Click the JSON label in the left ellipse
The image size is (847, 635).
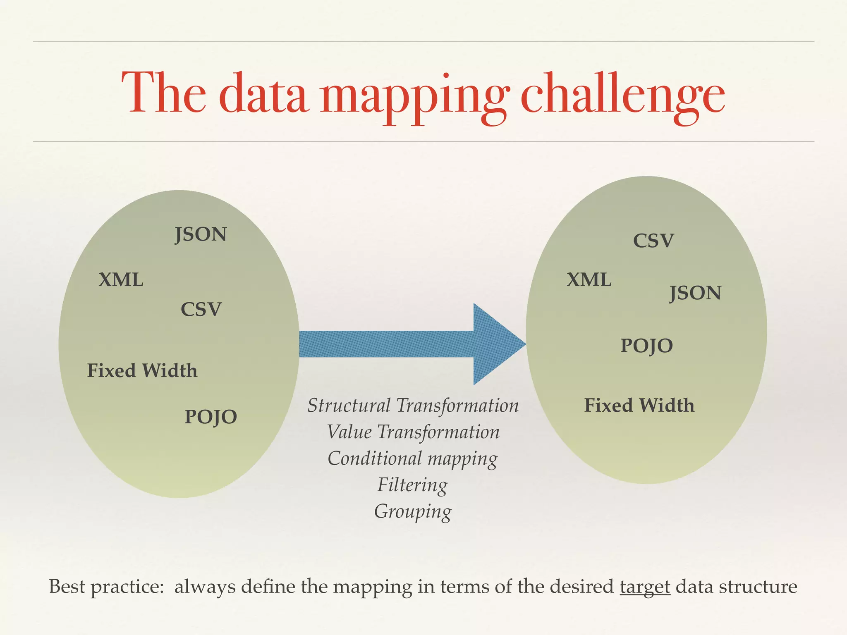pyautogui.click(x=201, y=234)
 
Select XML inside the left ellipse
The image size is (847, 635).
pyautogui.click(x=121, y=280)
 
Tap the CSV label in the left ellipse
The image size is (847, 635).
pyautogui.click(x=201, y=309)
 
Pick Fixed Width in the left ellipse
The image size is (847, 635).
pyautogui.click(x=142, y=370)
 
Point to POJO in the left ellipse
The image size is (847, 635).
pyautogui.click(x=211, y=416)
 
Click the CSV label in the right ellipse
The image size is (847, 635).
pyautogui.click(x=653, y=241)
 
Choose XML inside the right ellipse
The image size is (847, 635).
pyautogui.click(x=589, y=280)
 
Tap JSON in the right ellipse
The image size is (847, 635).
pyautogui.click(x=695, y=293)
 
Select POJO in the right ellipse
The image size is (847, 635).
pyautogui.click(x=646, y=346)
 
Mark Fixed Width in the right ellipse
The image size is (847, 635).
pyautogui.click(x=639, y=405)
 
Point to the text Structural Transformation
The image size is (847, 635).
pyautogui.click(x=413, y=406)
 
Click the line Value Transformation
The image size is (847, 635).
pyautogui.click(x=413, y=432)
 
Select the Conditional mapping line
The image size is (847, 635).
pyautogui.click(x=413, y=458)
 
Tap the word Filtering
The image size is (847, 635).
pyautogui.click(x=412, y=485)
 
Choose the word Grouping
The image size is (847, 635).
pyautogui.click(x=413, y=511)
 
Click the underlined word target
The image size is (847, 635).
pyautogui.click(x=645, y=587)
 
